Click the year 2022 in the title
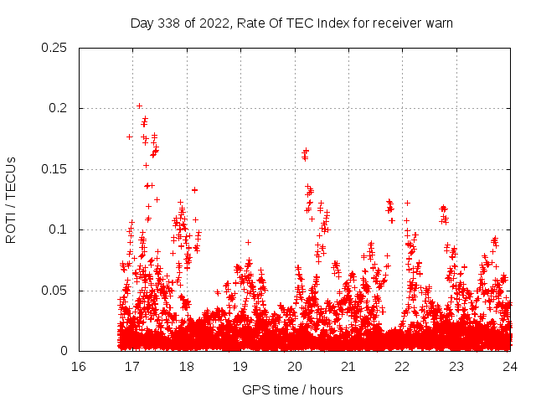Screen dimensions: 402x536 tap(213, 23)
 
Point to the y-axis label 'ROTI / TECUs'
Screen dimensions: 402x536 tap(12, 199)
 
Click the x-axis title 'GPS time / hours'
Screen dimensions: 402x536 tap(292, 389)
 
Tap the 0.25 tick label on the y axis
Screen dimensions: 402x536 tap(54, 48)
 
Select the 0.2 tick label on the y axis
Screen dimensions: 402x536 tap(58, 108)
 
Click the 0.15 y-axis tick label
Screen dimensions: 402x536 tap(54, 169)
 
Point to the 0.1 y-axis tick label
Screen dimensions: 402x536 tap(58, 229)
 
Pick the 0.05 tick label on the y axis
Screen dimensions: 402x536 tap(54, 291)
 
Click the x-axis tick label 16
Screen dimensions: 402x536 tap(79, 366)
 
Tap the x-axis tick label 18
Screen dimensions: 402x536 tap(187, 366)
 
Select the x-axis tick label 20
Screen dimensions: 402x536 tap(295, 366)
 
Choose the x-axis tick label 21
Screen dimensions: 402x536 tap(348, 366)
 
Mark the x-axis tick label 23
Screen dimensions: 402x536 tap(456, 366)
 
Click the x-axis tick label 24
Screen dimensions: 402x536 tap(510, 366)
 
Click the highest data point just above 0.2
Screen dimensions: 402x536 tap(139, 106)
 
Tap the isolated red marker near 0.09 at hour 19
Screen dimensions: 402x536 tap(248, 242)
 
